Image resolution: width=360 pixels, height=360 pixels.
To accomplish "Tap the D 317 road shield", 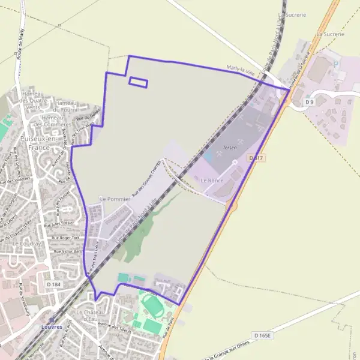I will (x=256, y=158).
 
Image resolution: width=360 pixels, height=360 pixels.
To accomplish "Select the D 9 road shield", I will (x=310, y=102).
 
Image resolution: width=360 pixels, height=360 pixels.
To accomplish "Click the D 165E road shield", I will (x=263, y=335).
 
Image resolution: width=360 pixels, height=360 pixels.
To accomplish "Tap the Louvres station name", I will (x=52, y=327).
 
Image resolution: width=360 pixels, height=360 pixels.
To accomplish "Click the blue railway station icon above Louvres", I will (x=52, y=320).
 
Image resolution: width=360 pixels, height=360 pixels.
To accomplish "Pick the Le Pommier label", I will (x=110, y=198).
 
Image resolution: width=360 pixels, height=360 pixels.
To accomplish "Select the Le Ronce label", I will (x=212, y=180).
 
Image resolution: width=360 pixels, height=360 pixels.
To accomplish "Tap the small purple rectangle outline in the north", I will (x=138, y=82).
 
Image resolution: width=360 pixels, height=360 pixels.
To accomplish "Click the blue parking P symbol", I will (x=336, y=63).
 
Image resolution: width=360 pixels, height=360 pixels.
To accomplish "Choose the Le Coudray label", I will (x=25, y=245).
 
